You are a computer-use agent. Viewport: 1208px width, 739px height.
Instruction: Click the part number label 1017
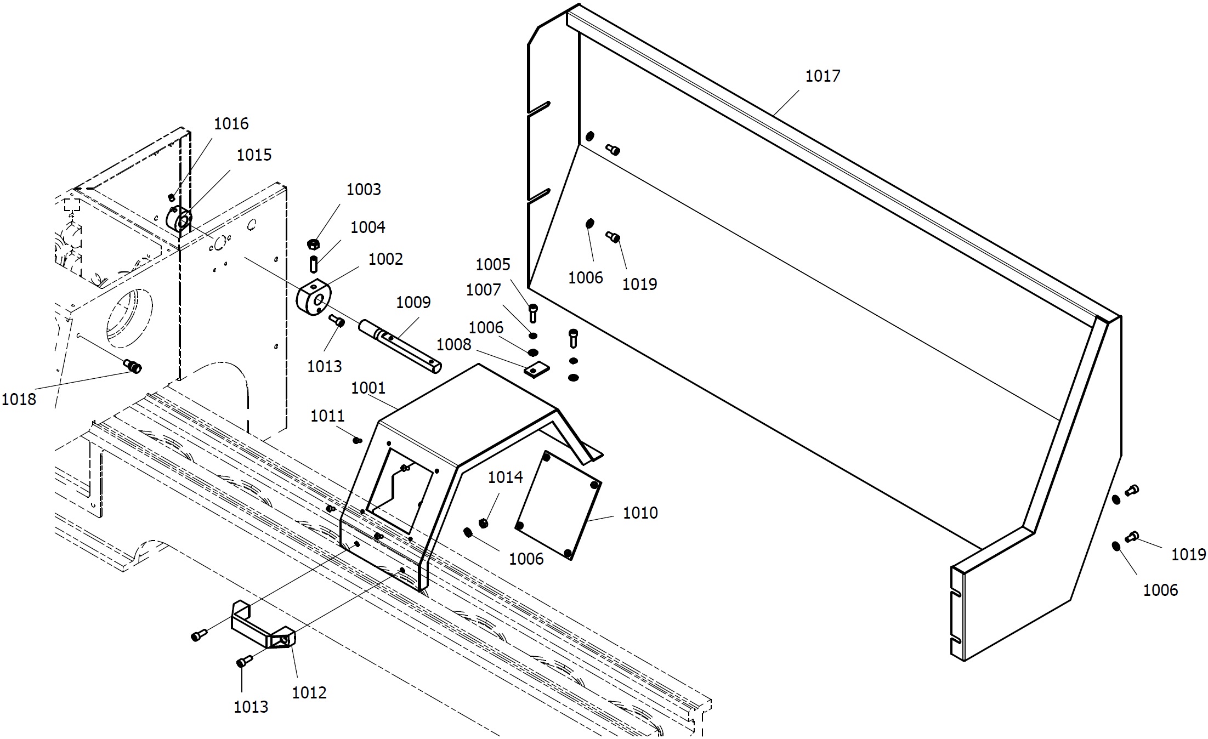click(x=822, y=76)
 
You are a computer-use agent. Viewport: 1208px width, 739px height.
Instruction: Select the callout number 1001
click(x=368, y=388)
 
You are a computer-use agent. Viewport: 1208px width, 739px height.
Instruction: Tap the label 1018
click(x=19, y=400)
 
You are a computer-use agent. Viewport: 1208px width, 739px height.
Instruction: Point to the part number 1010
click(x=640, y=513)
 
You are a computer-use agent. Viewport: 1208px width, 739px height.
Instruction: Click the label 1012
click(x=309, y=693)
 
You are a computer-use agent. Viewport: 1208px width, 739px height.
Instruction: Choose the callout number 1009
click(x=413, y=302)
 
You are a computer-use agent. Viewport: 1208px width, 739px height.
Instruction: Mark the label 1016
click(x=231, y=124)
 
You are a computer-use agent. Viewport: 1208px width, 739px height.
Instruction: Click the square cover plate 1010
click(x=558, y=505)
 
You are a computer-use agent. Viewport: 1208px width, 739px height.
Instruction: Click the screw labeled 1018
click(x=133, y=366)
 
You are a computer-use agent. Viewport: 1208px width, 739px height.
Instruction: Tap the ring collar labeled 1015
click(x=179, y=219)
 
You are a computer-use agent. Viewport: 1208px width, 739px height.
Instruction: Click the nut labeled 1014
click(x=484, y=523)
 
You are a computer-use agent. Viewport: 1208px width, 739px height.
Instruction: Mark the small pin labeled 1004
click(x=314, y=264)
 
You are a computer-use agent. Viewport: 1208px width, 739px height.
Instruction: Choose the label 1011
click(x=327, y=417)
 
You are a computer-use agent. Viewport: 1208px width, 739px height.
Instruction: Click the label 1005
click(x=492, y=265)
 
